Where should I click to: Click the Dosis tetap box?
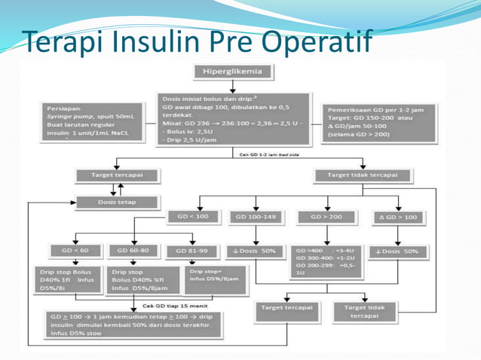[117, 202]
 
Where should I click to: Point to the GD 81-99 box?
[197, 250]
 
